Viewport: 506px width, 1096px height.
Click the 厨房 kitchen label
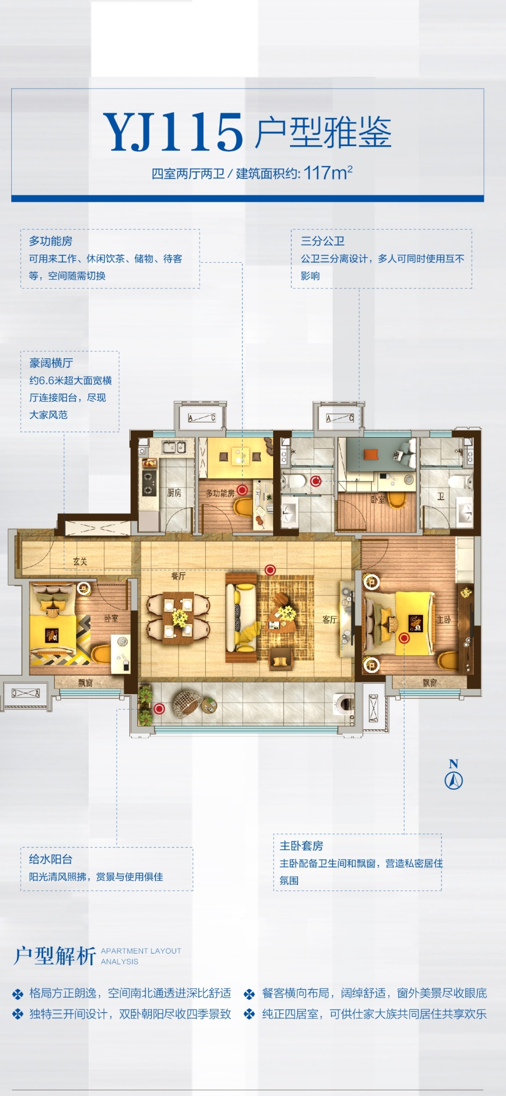click(174, 493)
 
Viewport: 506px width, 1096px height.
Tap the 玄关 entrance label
click(80, 562)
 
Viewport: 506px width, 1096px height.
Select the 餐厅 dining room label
click(178, 576)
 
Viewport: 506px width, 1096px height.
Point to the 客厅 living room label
click(329, 619)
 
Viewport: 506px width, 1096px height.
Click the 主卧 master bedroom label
click(443, 619)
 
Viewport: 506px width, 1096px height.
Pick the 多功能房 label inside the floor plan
click(220, 494)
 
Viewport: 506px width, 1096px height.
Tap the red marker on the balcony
click(159, 709)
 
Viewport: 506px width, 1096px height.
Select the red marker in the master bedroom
click(404, 638)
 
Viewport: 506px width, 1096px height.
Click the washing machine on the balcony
click(344, 704)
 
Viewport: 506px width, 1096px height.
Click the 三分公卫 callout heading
click(323, 241)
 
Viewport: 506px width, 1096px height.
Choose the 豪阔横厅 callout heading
click(51, 363)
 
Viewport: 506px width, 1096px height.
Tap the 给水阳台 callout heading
click(51, 859)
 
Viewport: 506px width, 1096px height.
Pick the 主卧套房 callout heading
click(301, 846)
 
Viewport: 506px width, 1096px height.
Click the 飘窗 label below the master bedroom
click(430, 683)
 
